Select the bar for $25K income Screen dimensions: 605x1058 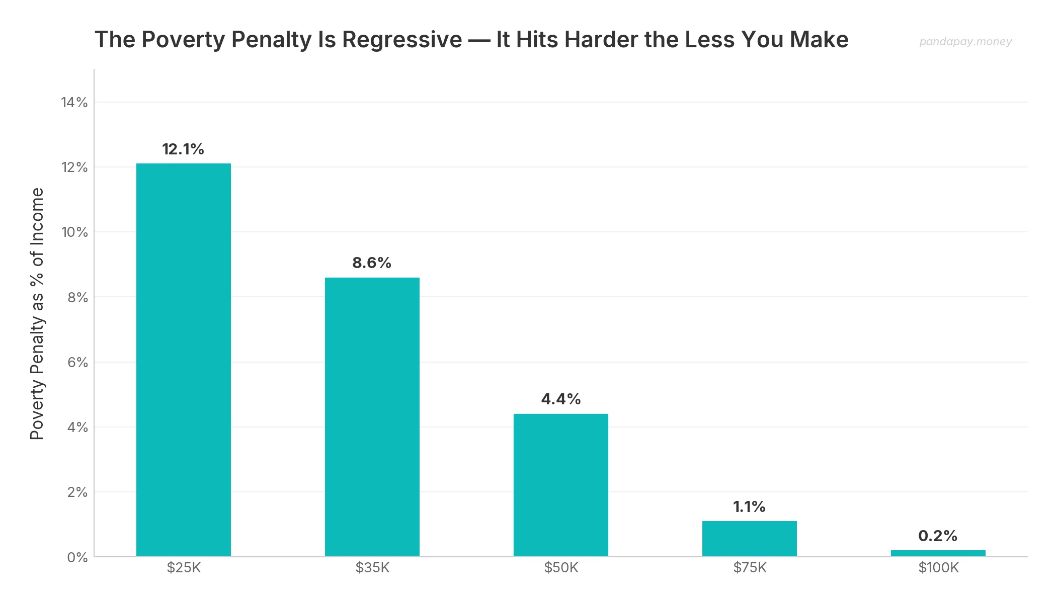coord(183,360)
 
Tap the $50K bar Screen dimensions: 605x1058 coord(560,485)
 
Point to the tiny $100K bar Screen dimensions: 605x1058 coord(938,553)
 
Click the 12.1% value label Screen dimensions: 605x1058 coord(183,149)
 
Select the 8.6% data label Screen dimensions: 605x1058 coord(372,263)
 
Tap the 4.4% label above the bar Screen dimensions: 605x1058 coord(560,399)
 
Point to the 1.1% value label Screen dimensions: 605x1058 coord(749,507)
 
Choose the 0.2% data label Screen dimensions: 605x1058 coord(938,536)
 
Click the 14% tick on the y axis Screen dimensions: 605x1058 coord(74,103)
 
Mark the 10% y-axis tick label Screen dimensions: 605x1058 coord(74,232)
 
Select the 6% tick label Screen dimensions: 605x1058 coord(77,363)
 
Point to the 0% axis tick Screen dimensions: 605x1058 coord(77,557)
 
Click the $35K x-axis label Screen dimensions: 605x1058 coord(372,568)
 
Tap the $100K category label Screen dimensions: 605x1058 coord(938,568)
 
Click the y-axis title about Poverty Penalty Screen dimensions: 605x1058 coord(37,314)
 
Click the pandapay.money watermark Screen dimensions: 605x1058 coord(965,42)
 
